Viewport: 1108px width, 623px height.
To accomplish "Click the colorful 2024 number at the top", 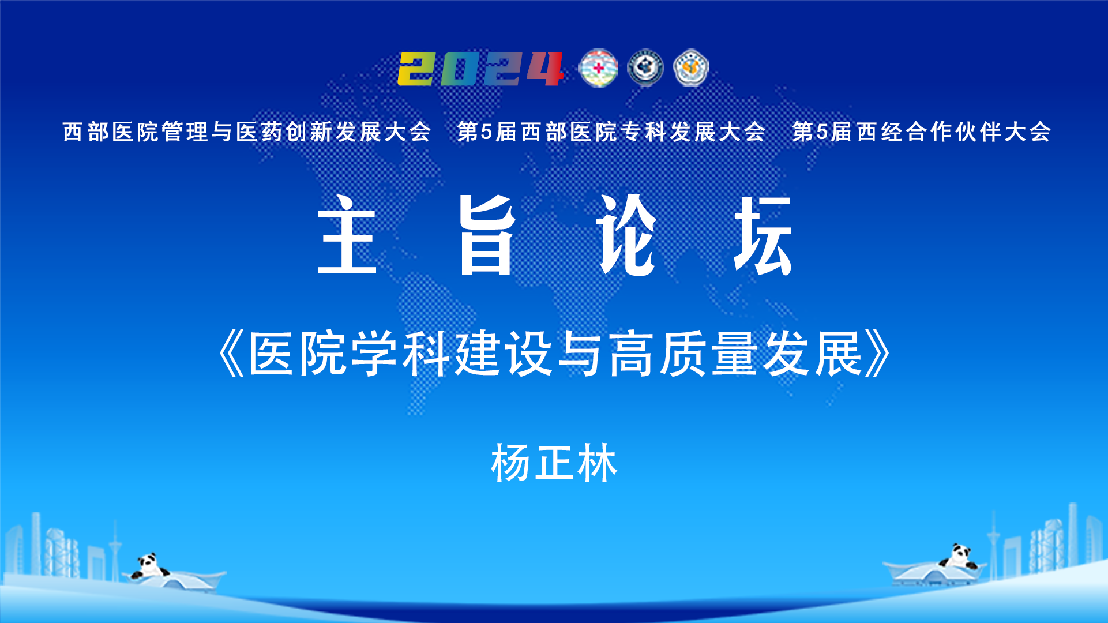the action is coord(480,69).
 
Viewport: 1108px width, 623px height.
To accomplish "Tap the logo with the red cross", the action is coord(598,68).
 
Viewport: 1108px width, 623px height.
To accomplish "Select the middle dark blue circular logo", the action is coord(645,68).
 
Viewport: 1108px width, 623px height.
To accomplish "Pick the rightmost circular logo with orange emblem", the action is coord(691,68).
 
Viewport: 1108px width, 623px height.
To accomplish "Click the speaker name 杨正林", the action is coord(554,463).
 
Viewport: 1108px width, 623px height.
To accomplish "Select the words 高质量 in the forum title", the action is coord(683,354).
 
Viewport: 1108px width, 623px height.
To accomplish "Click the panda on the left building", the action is coord(149,566).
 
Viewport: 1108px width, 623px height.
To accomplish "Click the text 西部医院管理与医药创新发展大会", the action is coord(247,132).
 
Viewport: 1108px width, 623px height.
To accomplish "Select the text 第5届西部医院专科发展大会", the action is coord(611,132).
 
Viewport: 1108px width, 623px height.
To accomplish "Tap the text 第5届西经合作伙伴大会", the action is coord(922,132).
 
